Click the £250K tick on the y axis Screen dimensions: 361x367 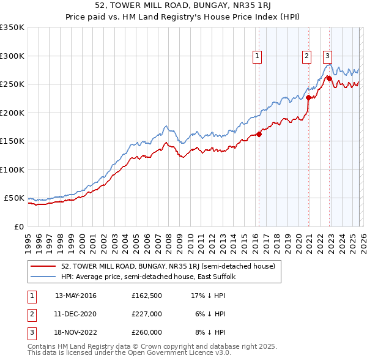coord(12,84)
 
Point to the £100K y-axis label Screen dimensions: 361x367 coord(12,169)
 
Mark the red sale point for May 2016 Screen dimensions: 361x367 coord(259,134)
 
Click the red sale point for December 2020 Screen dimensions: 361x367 coord(309,97)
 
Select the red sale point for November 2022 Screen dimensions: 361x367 coord(330,78)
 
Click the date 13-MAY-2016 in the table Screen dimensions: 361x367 coord(75,296)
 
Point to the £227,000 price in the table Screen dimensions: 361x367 coord(147,314)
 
